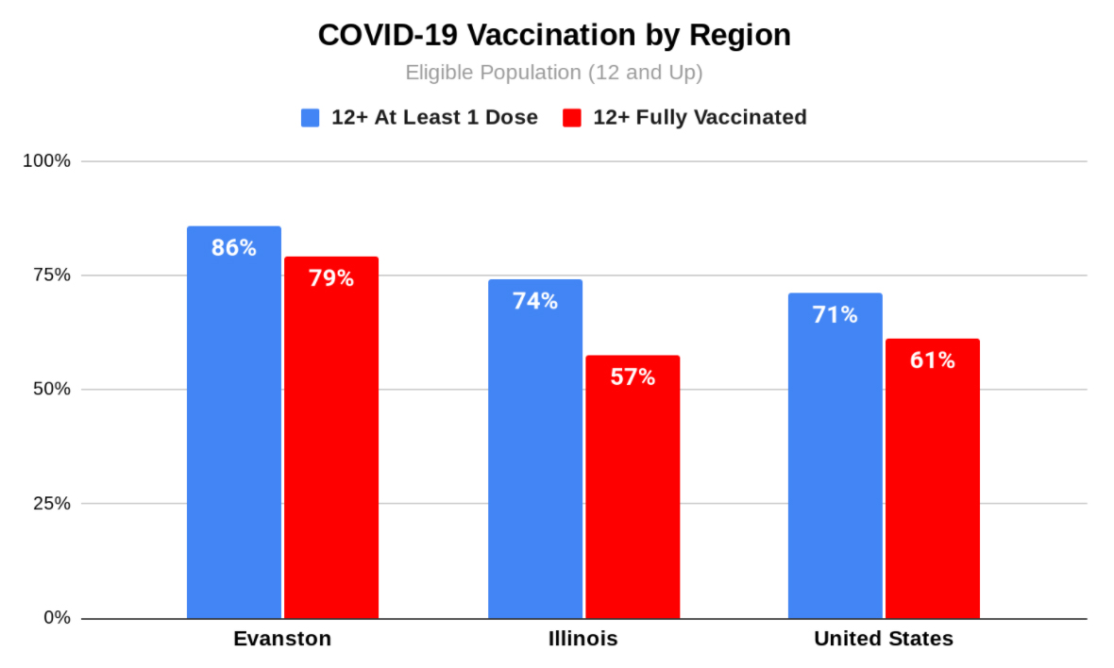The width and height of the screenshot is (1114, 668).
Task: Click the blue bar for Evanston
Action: [x=233, y=425]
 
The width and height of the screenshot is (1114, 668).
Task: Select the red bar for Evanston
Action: [x=331, y=439]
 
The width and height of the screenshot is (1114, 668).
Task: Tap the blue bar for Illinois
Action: [x=534, y=453]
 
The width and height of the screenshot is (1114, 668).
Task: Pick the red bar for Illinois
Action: [x=633, y=491]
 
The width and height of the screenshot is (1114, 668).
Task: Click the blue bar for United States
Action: [x=835, y=458]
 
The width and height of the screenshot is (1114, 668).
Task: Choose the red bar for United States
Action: [x=933, y=481]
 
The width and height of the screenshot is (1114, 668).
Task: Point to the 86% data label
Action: [x=233, y=248]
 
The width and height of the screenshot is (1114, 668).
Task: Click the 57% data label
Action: [x=633, y=377]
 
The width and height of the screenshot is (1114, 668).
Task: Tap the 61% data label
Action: [x=933, y=360]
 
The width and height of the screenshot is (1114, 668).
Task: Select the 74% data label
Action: [x=534, y=301]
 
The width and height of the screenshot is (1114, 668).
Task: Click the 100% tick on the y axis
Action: [x=47, y=160]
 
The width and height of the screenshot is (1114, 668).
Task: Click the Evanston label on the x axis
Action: [x=282, y=639]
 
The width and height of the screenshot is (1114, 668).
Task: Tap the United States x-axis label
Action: [x=884, y=639]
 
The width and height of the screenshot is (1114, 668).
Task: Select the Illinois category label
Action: [x=583, y=639]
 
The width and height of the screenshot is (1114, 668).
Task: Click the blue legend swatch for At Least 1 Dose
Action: [x=311, y=118]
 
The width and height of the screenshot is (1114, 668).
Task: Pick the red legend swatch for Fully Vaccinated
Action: [x=571, y=118]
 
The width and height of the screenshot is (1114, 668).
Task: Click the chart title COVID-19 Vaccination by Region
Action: [x=554, y=35]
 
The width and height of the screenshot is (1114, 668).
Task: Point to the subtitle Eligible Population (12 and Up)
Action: [x=554, y=73]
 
